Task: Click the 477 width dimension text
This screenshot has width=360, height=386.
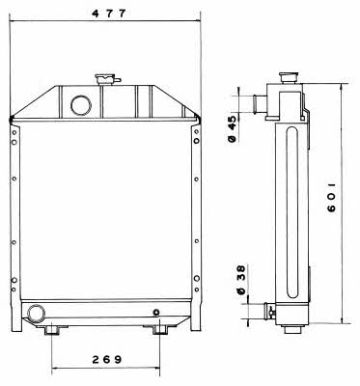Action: tap(108, 14)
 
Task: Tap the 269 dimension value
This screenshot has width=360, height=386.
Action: tap(107, 359)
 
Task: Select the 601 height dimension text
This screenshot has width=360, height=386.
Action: tap(331, 198)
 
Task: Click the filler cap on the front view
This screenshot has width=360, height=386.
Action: tap(105, 79)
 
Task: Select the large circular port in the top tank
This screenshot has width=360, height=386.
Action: tap(81, 105)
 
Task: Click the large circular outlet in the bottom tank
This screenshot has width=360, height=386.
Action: tap(36, 314)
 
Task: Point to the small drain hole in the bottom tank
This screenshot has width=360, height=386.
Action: tap(156, 312)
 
